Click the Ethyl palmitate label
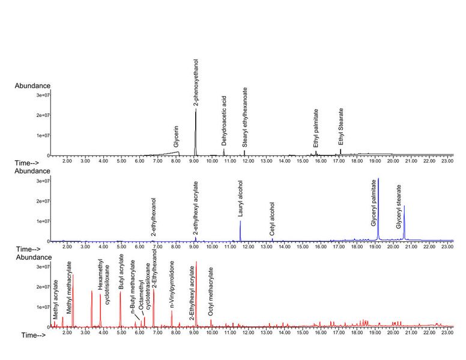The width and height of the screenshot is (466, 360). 316,128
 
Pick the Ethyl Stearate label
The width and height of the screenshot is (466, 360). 341,127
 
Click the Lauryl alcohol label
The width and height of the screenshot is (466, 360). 240,201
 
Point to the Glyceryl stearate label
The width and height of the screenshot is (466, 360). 399,206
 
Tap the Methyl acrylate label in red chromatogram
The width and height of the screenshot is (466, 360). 55,298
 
